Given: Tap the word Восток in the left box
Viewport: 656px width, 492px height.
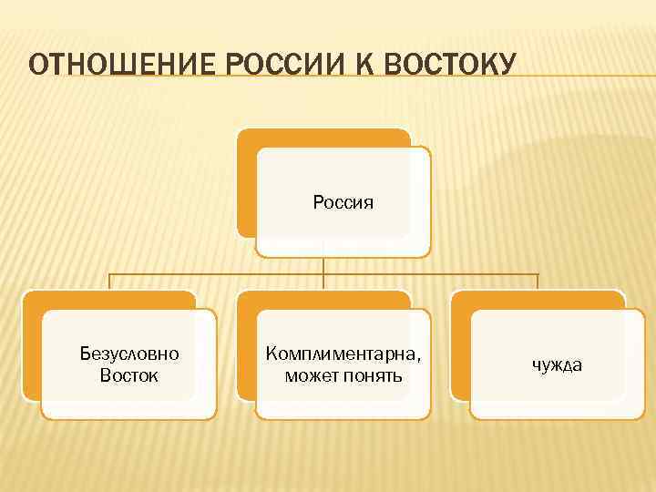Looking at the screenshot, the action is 129,374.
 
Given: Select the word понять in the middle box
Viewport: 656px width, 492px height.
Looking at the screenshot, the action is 373,374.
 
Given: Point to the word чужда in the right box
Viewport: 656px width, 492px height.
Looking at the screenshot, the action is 557,364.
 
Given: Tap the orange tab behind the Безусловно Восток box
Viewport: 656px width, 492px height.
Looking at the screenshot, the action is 32,346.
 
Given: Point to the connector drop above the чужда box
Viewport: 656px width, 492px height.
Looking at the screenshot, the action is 538,282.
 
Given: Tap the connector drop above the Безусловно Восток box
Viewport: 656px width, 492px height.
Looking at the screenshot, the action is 110,282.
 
